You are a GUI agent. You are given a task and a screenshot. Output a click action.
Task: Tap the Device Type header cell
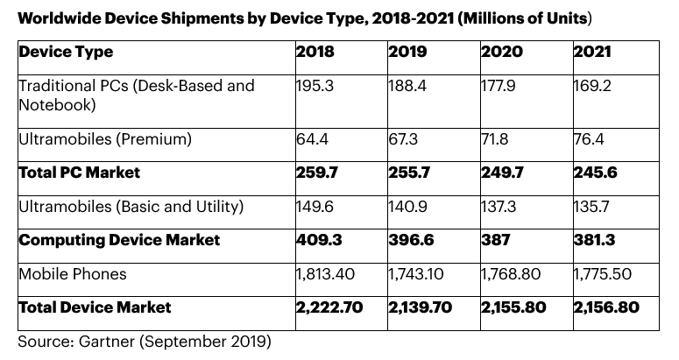(x=66, y=53)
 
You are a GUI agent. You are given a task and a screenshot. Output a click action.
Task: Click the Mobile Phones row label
(x=73, y=274)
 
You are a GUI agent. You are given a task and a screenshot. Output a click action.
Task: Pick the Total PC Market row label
(x=79, y=173)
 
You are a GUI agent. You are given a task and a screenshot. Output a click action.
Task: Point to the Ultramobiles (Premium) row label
(x=105, y=139)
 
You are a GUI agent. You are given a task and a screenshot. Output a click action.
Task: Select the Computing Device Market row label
(x=119, y=240)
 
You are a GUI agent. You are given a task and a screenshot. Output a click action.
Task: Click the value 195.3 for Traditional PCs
(x=313, y=86)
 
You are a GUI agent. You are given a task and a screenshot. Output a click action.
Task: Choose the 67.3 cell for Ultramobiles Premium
(x=405, y=139)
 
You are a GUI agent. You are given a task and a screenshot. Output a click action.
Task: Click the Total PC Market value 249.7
(x=500, y=173)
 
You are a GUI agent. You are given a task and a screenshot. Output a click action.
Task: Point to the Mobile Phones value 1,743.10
(x=417, y=274)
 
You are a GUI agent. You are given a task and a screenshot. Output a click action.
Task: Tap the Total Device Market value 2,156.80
(x=606, y=307)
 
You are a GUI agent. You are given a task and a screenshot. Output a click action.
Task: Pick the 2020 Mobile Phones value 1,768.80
(x=510, y=274)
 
